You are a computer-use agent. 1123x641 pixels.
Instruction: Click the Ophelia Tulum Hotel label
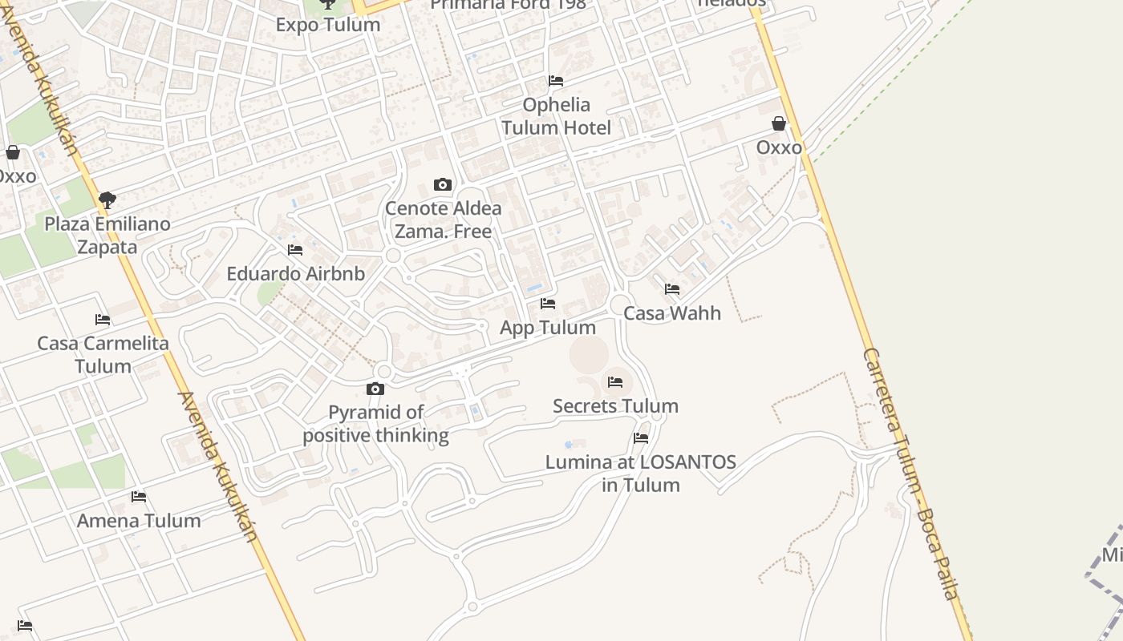[556, 116]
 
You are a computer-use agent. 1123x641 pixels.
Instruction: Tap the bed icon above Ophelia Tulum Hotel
[555, 81]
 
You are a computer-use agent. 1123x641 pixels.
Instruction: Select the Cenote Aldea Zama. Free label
[444, 220]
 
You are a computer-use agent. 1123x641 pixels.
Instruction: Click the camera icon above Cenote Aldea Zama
[442, 185]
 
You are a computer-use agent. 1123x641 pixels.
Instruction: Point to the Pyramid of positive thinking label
[375, 424]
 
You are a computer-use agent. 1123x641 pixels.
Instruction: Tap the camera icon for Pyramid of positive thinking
[375, 389]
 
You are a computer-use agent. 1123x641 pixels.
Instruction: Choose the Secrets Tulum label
[615, 406]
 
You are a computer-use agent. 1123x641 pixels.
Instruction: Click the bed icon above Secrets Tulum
[615, 382]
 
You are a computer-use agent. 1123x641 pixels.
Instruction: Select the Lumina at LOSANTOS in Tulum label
[640, 474]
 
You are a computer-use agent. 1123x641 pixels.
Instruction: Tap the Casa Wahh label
[672, 313]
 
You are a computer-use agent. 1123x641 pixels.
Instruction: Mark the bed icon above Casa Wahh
[672, 289]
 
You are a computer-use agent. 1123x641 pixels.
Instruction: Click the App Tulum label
[548, 328]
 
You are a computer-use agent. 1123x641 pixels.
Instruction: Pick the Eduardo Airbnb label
[295, 274]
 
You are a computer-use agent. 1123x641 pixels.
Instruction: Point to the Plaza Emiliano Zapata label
[107, 236]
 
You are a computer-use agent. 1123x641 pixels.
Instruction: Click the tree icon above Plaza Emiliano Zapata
[107, 200]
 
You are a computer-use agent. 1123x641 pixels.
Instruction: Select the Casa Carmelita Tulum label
[103, 355]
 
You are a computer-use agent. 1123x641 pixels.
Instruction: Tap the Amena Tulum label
[139, 521]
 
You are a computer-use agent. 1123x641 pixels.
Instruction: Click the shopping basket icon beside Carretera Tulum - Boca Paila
[778, 123]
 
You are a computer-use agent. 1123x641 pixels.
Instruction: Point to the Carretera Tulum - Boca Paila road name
[910, 473]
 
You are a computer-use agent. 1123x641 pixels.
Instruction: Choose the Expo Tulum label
[327, 25]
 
